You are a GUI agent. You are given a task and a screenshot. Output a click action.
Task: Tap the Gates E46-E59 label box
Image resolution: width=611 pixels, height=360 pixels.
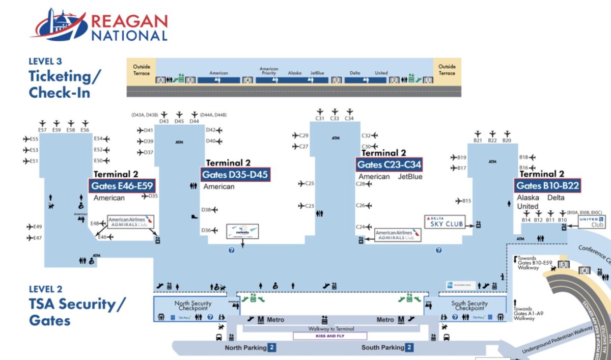[122, 186]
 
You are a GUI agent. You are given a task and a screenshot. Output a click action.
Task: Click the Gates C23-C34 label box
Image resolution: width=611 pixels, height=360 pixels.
[389, 164]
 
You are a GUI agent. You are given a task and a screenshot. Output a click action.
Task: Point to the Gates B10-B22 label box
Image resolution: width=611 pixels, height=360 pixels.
[548, 185]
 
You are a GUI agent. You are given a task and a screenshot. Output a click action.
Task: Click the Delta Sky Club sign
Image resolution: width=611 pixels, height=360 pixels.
[445, 221]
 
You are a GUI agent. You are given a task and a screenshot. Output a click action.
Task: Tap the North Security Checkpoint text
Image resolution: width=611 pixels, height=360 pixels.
[192, 306]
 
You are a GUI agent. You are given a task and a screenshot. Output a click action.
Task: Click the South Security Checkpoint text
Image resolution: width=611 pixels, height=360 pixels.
[469, 306]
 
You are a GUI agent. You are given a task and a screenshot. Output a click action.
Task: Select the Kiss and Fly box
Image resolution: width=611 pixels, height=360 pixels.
[329, 336]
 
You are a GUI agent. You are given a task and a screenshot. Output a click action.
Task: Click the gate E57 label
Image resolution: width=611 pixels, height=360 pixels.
[42, 130]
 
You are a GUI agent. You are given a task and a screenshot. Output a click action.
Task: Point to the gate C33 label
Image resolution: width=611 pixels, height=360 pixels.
[335, 118]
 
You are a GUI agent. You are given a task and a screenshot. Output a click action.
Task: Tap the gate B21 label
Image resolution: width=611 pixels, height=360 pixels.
[478, 140]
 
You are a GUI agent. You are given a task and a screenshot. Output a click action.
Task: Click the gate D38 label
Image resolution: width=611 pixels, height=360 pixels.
[206, 210]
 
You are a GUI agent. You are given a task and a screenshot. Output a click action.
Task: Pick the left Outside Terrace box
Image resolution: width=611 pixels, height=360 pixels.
[142, 70]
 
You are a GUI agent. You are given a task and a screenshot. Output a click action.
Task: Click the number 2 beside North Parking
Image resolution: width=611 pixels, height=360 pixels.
[272, 348]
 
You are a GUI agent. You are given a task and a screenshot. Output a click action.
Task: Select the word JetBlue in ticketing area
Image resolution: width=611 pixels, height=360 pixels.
[317, 73]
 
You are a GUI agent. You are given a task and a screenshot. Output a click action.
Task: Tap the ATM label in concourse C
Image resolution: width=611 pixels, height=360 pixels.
[336, 138]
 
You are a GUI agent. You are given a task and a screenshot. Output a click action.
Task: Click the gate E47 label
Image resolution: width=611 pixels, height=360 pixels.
[37, 238]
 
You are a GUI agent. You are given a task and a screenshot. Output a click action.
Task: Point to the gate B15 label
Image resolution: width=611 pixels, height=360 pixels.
[466, 201]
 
